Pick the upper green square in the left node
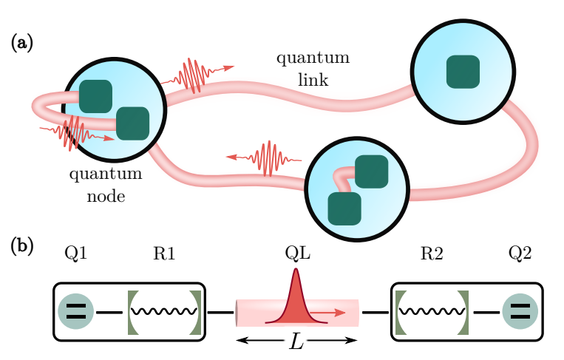[95, 96]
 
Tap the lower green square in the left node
[133, 123]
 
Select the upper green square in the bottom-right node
[370, 171]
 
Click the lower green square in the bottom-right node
[344, 208]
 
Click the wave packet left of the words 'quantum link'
[194, 75]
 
